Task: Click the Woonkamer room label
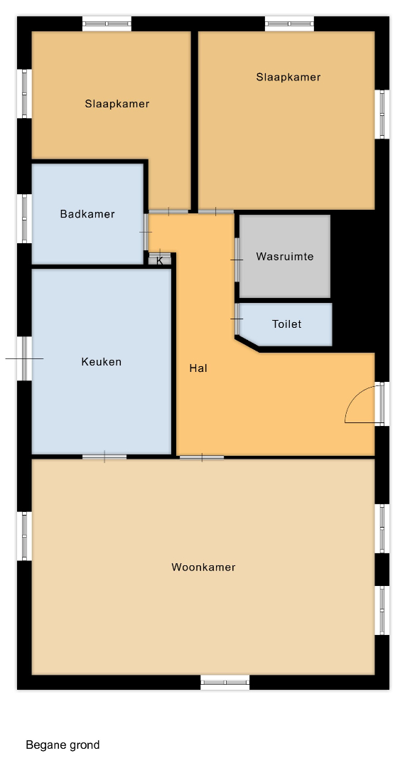203,567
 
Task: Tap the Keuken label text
101,362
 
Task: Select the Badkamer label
87,214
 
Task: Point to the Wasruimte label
285,257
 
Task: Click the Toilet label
286,324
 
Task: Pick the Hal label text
198,368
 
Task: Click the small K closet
160,260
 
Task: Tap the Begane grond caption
63,745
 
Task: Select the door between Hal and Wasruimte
237,260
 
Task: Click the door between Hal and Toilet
237,319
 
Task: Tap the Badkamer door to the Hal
146,232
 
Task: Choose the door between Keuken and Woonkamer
104,457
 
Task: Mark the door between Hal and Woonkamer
202,457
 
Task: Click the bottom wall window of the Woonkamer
225,682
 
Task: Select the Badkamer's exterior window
24,218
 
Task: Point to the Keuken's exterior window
24,358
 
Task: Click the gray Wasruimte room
285,256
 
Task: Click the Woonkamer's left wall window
24,536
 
